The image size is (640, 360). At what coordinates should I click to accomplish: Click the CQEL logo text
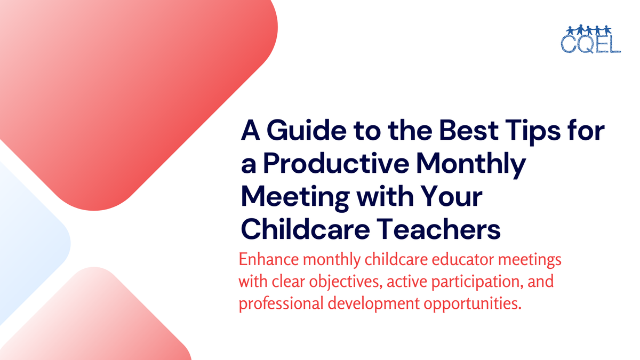click(590, 43)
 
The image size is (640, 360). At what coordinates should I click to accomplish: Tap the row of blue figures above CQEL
click(590, 29)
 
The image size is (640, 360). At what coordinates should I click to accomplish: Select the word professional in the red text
click(277, 303)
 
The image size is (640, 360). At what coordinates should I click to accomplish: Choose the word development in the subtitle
click(368, 303)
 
